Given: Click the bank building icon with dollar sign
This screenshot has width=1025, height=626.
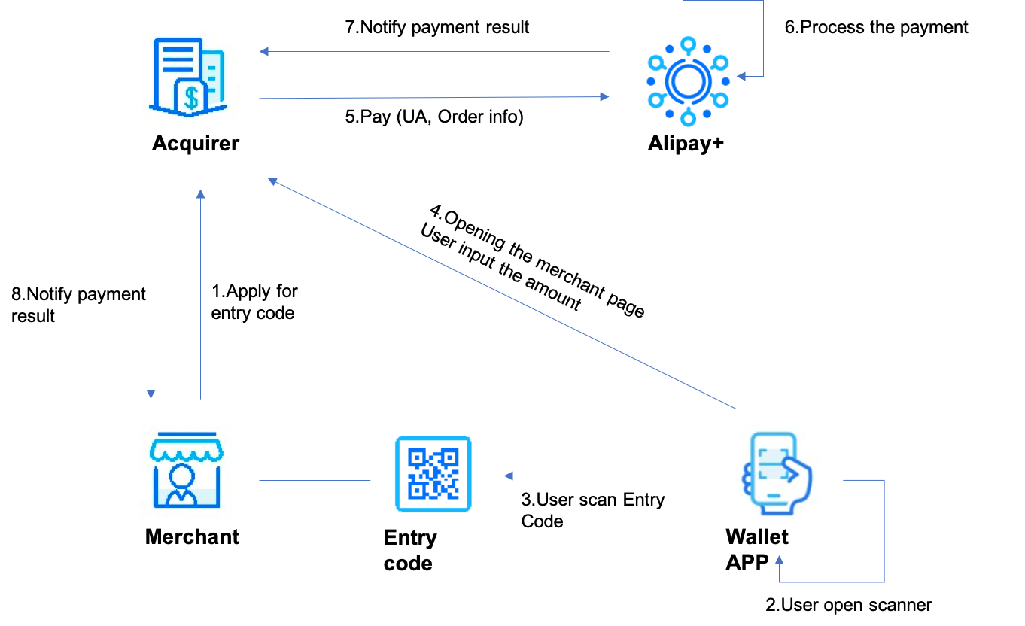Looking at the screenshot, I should point(185,77).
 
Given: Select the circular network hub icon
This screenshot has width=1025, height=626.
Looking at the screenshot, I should point(688,81).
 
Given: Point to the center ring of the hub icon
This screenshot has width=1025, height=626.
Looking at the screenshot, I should point(688,81).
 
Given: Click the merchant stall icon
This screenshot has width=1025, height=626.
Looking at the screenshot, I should point(185,472).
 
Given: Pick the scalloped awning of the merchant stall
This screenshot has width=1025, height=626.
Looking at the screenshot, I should point(185,450).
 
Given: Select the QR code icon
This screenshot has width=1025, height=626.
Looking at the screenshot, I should point(433,475).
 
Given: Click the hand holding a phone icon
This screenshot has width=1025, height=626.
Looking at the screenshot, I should point(777,474).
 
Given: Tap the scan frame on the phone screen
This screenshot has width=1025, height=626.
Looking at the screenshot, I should point(773,464).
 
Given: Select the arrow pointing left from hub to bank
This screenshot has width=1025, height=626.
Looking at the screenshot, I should point(433,52).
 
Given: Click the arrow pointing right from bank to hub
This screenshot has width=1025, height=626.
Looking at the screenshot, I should point(433,98).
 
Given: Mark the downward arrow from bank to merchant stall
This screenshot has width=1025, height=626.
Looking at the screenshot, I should point(151,293).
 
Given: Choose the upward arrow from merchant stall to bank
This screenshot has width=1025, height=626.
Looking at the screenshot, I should point(200,293).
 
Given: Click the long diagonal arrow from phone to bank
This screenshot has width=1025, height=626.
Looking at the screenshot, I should point(501,294).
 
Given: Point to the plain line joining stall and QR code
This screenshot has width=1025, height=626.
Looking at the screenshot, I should point(315,480).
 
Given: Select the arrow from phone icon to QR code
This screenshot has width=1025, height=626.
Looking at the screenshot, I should point(611,476).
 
